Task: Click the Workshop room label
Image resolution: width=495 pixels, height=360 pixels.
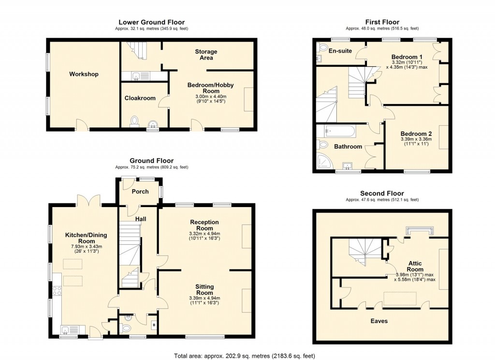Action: [x=84, y=74]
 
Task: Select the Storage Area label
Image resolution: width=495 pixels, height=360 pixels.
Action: [x=206, y=55]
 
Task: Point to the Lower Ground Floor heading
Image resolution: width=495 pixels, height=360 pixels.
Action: [x=151, y=22]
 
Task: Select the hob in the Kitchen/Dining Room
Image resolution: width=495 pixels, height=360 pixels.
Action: [x=56, y=290]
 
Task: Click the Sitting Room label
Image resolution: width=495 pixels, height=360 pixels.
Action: [x=204, y=290]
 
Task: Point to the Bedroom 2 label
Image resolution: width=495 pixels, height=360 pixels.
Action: [x=416, y=134]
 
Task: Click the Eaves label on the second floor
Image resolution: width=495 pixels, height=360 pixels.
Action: [x=379, y=321]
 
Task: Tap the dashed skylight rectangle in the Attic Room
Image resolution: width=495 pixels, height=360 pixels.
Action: [x=400, y=299]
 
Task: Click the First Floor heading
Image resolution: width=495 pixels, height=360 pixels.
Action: [x=382, y=22]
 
